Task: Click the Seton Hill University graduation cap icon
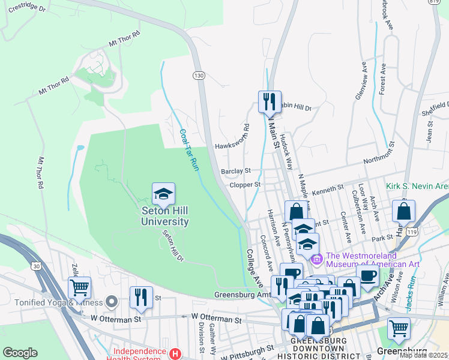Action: tap(163, 194)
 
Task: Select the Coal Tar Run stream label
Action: tap(188, 150)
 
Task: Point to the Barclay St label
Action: tap(235, 171)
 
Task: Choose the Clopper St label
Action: tap(245, 185)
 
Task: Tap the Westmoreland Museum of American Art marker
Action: tap(317, 259)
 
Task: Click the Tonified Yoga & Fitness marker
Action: tap(110, 300)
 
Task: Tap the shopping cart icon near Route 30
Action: tap(79, 287)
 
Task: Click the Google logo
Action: tap(20, 353)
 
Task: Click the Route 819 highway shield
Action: tap(443, 2)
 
